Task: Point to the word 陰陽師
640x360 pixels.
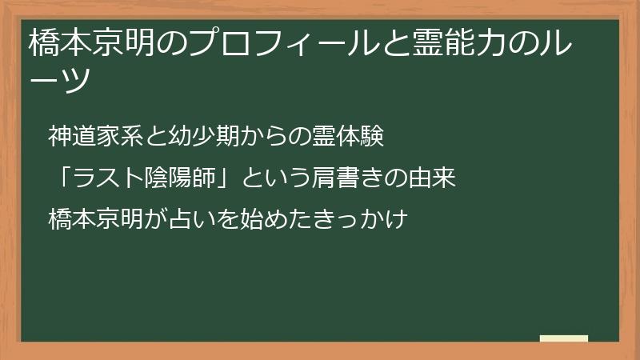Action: [x=180, y=178]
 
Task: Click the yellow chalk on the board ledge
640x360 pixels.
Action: [x=564, y=338]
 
